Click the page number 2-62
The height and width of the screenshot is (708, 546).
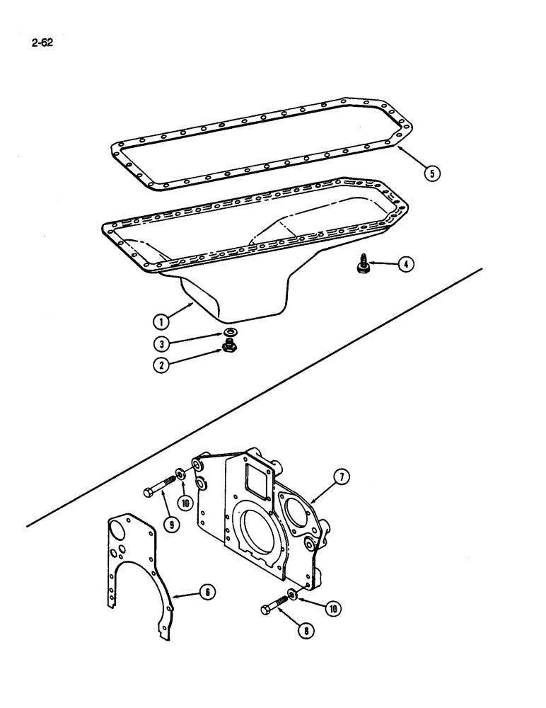[42, 42]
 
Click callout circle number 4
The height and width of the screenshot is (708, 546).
[405, 265]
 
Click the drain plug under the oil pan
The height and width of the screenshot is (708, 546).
[230, 346]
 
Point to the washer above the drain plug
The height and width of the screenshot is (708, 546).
[230, 332]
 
